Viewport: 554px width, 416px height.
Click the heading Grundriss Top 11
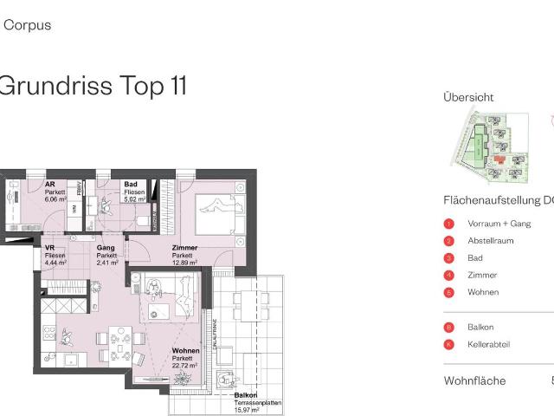[92, 85]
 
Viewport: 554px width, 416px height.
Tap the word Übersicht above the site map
[468, 97]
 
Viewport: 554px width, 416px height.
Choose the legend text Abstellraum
[489, 241]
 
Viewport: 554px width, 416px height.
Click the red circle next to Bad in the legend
[448, 258]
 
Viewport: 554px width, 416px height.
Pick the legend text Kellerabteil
[488, 344]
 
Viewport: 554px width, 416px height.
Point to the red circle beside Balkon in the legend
[448, 327]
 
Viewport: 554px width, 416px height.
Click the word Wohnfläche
[474, 380]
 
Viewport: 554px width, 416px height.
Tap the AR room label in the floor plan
[50, 185]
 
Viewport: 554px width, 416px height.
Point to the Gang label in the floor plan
[106, 249]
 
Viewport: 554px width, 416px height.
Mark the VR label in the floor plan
[49, 248]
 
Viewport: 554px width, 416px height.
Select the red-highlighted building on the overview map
[499, 159]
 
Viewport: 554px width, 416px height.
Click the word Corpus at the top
[28, 25]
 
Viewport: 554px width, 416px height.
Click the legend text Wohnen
[483, 292]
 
